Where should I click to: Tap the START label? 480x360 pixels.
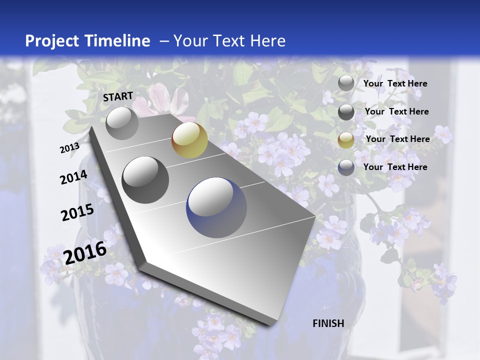point(118,96)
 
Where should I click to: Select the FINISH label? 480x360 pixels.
point(328,323)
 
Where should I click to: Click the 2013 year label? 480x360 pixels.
point(69,148)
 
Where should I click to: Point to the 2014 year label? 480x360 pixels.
point(73,177)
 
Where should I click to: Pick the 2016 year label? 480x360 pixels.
point(85,252)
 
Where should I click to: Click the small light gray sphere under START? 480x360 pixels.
point(122,123)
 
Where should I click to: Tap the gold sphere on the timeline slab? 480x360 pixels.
point(189,139)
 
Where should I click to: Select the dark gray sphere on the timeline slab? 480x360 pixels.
point(145,180)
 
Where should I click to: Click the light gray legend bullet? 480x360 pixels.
point(346,83)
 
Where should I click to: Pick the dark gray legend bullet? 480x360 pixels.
point(346,112)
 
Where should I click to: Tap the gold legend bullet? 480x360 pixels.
point(346,140)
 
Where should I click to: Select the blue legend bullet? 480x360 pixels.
point(346,167)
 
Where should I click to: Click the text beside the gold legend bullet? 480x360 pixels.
point(398,139)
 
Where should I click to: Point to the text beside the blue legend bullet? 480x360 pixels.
point(395,167)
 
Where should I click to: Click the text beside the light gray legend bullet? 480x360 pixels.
point(395,83)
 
